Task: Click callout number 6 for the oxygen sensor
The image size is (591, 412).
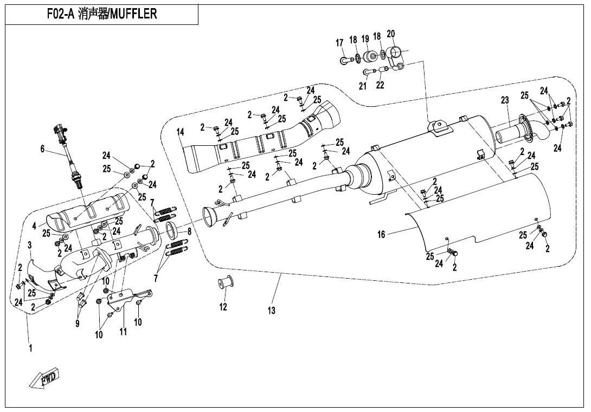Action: [42, 149]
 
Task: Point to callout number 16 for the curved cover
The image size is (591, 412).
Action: [382, 234]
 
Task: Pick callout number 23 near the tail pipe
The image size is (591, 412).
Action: [505, 100]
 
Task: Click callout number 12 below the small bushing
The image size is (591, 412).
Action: [223, 307]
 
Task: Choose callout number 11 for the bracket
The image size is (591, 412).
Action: [123, 331]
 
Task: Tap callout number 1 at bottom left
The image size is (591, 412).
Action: [30, 349]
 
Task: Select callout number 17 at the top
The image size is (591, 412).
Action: [340, 43]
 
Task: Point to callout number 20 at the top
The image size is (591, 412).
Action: [390, 34]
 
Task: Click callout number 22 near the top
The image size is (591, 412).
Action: [380, 85]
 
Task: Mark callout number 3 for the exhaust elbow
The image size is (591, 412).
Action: [30, 245]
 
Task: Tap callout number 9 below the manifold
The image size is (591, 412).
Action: [78, 324]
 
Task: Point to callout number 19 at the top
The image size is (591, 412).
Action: [365, 39]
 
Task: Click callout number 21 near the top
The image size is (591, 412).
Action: [363, 86]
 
